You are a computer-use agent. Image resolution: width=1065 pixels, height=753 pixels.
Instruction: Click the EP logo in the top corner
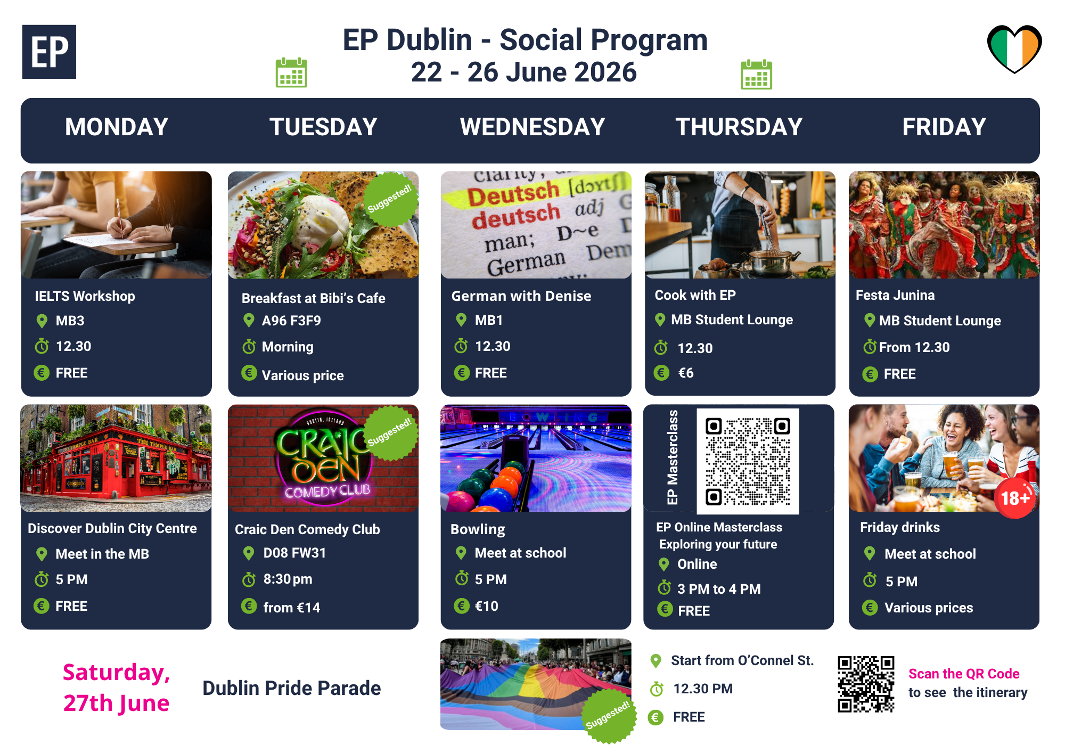click(49, 52)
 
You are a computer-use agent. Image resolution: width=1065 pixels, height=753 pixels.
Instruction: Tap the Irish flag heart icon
click(1014, 48)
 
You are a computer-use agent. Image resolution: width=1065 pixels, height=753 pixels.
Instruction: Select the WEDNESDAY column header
click(532, 127)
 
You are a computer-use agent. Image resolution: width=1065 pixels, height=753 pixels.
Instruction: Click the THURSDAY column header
click(739, 127)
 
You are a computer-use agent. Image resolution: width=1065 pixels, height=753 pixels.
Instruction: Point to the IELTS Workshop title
click(85, 296)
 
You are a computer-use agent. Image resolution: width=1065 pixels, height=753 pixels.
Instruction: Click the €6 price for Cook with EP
click(686, 373)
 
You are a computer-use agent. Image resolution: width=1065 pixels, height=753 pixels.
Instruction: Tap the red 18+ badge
click(1015, 498)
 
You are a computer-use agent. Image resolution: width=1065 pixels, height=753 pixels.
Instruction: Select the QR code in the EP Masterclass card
click(748, 461)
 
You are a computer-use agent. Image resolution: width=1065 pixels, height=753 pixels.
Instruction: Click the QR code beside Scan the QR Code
click(866, 684)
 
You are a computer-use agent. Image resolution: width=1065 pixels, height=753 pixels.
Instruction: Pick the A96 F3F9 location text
click(291, 321)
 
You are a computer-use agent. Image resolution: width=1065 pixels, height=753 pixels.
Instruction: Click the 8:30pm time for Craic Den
click(288, 579)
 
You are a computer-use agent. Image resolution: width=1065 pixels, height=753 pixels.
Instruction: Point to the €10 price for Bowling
click(487, 606)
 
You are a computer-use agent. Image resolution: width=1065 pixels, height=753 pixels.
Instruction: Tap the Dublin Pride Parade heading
click(292, 688)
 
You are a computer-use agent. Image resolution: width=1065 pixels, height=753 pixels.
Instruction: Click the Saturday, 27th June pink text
click(116, 687)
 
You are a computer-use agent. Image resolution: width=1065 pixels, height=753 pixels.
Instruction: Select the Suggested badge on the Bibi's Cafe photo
click(390, 199)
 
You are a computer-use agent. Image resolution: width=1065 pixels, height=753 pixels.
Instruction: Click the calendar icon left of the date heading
click(291, 72)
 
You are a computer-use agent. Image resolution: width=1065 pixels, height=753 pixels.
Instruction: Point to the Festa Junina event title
click(895, 295)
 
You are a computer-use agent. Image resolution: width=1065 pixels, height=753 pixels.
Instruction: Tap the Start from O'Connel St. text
click(742, 660)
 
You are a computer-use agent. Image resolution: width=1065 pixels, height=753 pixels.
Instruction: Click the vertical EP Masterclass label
click(673, 457)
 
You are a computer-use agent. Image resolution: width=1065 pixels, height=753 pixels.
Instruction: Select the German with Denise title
click(521, 296)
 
